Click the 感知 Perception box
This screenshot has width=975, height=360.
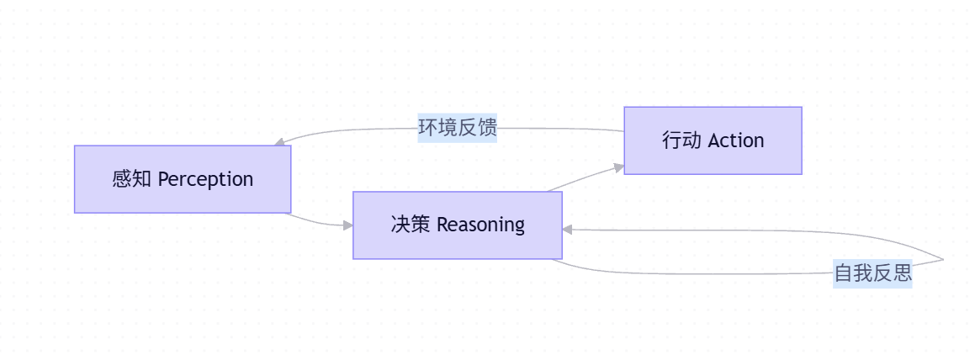click(x=183, y=179)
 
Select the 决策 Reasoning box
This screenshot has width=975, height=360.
click(x=457, y=225)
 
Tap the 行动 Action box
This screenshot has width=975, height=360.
click(x=713, y=140)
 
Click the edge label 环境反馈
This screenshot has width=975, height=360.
click(x=458, y=128)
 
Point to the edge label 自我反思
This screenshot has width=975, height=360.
click(x=872, y=273)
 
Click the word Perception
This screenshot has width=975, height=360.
click(x=205, y=179)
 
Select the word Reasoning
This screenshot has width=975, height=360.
click(x=480, y=225)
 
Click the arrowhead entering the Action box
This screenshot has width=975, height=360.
click(x=619, y=168)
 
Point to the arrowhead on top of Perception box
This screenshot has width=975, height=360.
click(x=279, y=143)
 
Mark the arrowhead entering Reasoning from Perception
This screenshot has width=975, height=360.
click(x=347, y=225)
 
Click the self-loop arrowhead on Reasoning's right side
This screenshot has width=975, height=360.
click(x=568, y=229)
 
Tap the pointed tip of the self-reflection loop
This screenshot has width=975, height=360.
click(x=943, y=260)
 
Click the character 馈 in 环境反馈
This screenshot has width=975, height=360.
click(x=487, y=128)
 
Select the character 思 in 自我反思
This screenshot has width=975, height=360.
click(x=903, y=273)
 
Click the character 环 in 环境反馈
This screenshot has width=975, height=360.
click(x=428, y=128)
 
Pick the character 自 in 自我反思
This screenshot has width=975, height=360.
click(x=843, y=273)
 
